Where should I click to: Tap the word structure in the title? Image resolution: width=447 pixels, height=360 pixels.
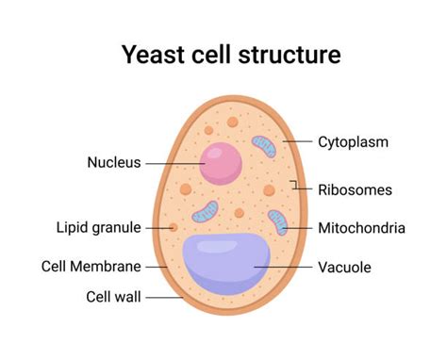click(288, 56)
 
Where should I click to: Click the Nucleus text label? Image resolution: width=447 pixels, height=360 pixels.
click(113, 162)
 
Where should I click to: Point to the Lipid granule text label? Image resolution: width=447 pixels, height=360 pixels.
click(98, 227)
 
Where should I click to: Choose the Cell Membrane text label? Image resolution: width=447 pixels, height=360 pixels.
click(91, 266)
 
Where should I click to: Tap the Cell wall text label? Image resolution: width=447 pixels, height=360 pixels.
click(113, 297)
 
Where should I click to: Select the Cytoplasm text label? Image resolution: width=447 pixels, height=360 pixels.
click(354, 142)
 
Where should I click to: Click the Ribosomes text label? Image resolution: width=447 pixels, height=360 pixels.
click(355, 189)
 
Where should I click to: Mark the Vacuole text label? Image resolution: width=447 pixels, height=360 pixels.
click(344, 267)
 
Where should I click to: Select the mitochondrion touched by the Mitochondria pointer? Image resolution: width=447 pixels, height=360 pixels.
click(277, 223)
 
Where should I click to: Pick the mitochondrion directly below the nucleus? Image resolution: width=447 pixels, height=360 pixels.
click(205, 210)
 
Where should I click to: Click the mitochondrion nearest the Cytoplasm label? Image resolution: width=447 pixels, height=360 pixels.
click(264, 146)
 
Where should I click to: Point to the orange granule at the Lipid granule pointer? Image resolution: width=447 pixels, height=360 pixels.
click(174, 227)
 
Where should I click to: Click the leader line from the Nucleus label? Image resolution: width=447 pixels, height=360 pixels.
click(174, 162)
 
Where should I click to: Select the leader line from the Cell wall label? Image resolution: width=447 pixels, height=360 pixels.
click(164, 297)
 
